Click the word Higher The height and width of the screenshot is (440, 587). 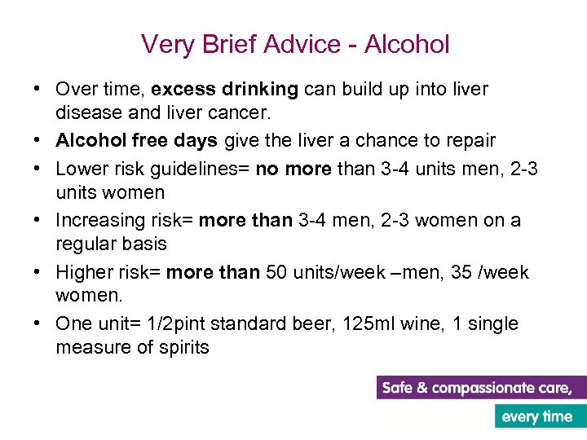pos(83,272)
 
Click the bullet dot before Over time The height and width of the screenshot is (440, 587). pos(39,89)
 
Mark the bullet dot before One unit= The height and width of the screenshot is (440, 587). pos(39,324)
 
